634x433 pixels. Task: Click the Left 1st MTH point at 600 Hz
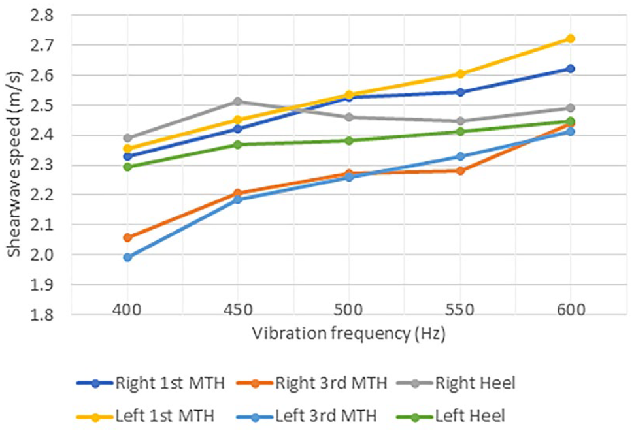click(570, 39)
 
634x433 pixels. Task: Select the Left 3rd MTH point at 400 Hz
click(127, 257)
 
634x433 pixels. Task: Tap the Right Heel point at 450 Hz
click(238, 101)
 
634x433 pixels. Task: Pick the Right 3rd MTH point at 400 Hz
click(127, 238)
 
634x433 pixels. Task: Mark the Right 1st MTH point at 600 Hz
click(570, 69)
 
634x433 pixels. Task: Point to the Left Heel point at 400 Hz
click(127, 167)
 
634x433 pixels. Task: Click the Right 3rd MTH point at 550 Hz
click(460, 171)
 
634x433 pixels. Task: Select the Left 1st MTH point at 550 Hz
click(460, 74)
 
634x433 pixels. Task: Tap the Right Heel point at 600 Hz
click(570, 108)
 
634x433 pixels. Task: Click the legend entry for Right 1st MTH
click(150, 383)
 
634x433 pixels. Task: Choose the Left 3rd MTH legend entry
click(307, 416)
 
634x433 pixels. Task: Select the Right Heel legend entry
click(456, 383)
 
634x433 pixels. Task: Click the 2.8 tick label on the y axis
click(42, 16)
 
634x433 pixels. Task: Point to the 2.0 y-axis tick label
click(42, 255)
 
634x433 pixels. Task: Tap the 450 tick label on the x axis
click(238, 310)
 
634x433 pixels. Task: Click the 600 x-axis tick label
click(570, 310)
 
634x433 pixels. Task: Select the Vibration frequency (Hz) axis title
click(349, 334)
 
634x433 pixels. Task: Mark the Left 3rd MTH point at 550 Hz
click(460, 156)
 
